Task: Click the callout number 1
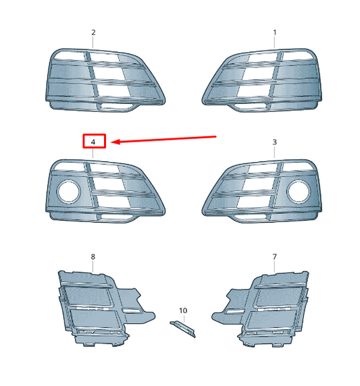click(x=275, y=32)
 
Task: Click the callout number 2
click(x=93, y=32)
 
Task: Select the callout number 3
click(x=275, y=142)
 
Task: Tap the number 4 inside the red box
click(x=93, y=142)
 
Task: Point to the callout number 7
click(x=275, y=257)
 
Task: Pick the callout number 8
click(x=93, y=257)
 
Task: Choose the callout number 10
click(x=182, y=310)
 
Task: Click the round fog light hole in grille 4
click(x=68, y=193)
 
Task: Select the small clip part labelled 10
click(x=182, y=329)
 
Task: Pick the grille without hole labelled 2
click(x=105, y=78)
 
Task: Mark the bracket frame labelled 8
click(x=95, y=304)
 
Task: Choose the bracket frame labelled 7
click(x=270, y=304)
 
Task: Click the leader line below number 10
click(x=182, y=319)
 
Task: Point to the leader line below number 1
click(x=275, y=43)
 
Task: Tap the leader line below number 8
click(x=93, y=267)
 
